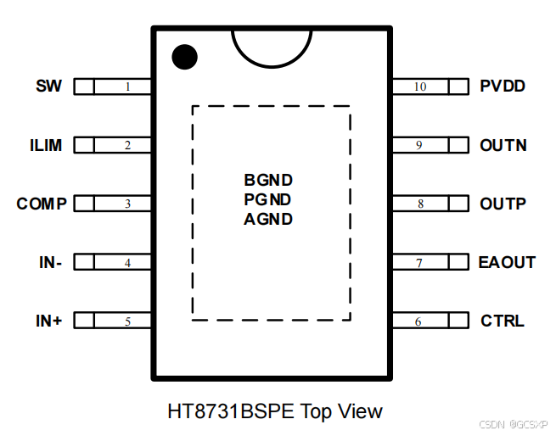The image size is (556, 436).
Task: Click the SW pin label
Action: [x=49, y=86]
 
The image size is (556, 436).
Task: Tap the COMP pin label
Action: [x=42, y=204]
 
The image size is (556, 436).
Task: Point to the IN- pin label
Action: [x=50, y=262]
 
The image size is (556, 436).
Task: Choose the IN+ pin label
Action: [x=49, y=321]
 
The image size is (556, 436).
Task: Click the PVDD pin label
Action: [x=503, y=86]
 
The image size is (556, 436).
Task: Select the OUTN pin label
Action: [x=503, y=145]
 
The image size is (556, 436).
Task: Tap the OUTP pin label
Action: [x=503, y=204]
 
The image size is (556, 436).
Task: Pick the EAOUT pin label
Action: [x=507, y=262]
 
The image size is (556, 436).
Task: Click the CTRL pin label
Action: [x=503, y=321]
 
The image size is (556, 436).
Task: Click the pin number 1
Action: [x=127, y=87]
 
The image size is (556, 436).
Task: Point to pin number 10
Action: [x=420, y=87]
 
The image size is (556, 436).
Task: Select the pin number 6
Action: [x=418, y=322]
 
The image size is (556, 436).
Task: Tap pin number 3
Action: [x=127, y=204]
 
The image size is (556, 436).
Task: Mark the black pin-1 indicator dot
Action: [x=184, y=57]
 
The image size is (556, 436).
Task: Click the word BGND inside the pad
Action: [x=268, y=180]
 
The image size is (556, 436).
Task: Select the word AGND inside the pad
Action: [x=268, y=219]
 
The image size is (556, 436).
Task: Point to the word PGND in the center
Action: [x=268, y=199]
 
